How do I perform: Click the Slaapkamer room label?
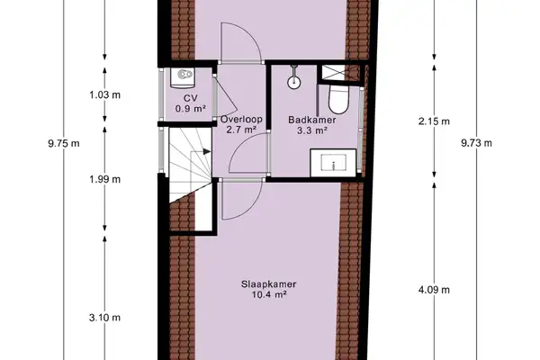(x=269, y=283)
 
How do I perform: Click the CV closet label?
(x=190, y=98)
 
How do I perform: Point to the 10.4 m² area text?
(x=269, y=294)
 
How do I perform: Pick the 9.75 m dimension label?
(x=63, y=141)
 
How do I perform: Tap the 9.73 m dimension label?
(x=476, y=141)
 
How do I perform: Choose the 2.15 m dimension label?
(x=436, y=121)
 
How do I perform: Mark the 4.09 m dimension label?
(x=436, y=289)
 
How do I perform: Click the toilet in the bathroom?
(x=340, y=96)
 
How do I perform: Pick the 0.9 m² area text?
(x=190, y=109)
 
